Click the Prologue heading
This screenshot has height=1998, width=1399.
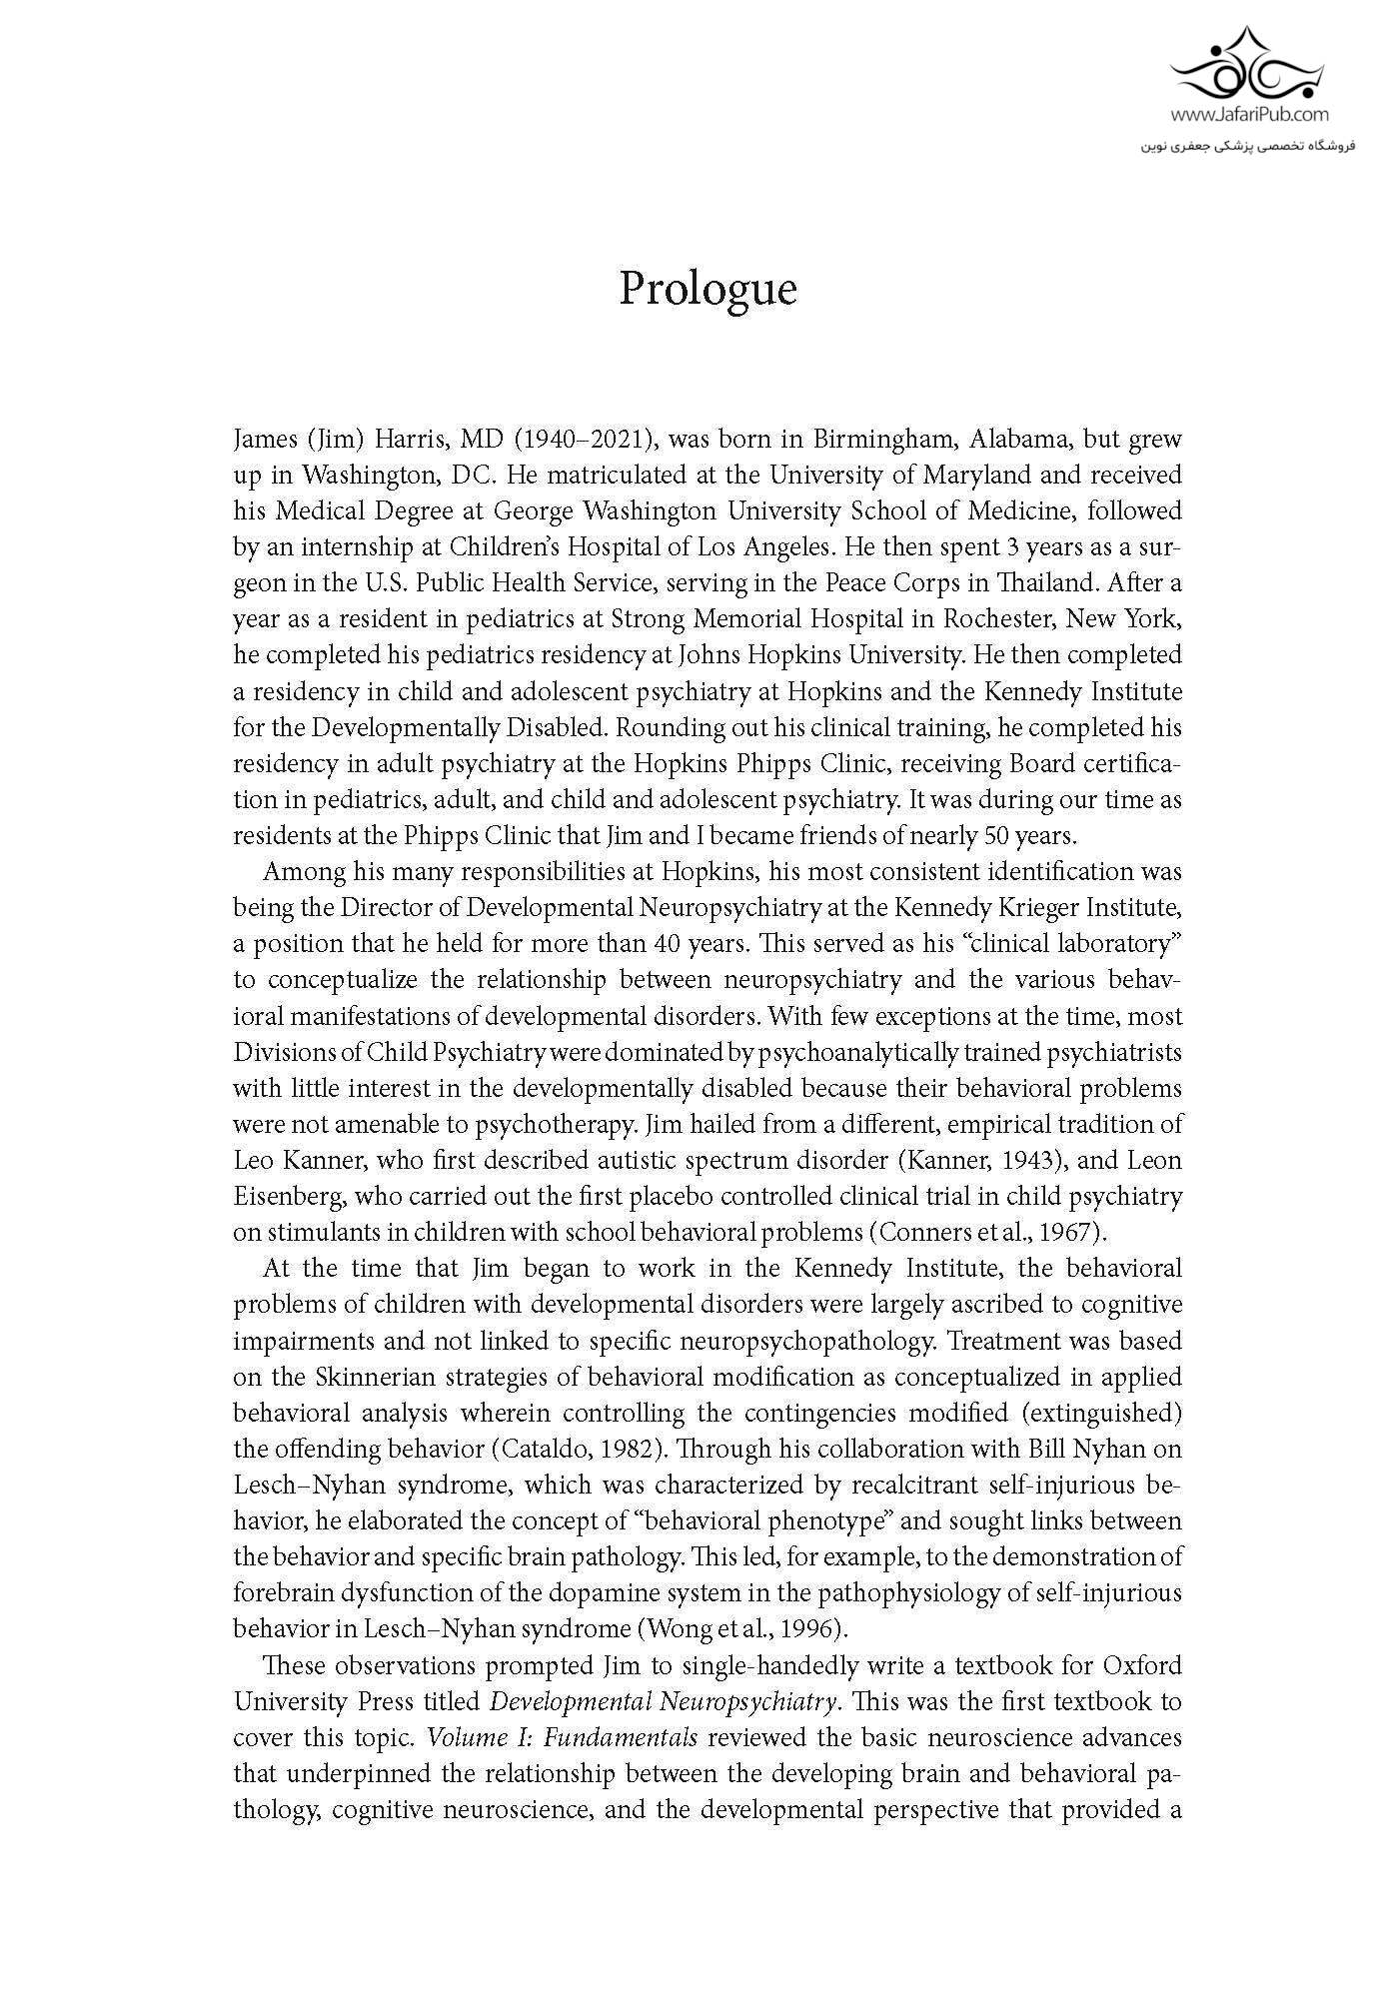707,290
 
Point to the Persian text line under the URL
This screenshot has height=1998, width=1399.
1247,146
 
